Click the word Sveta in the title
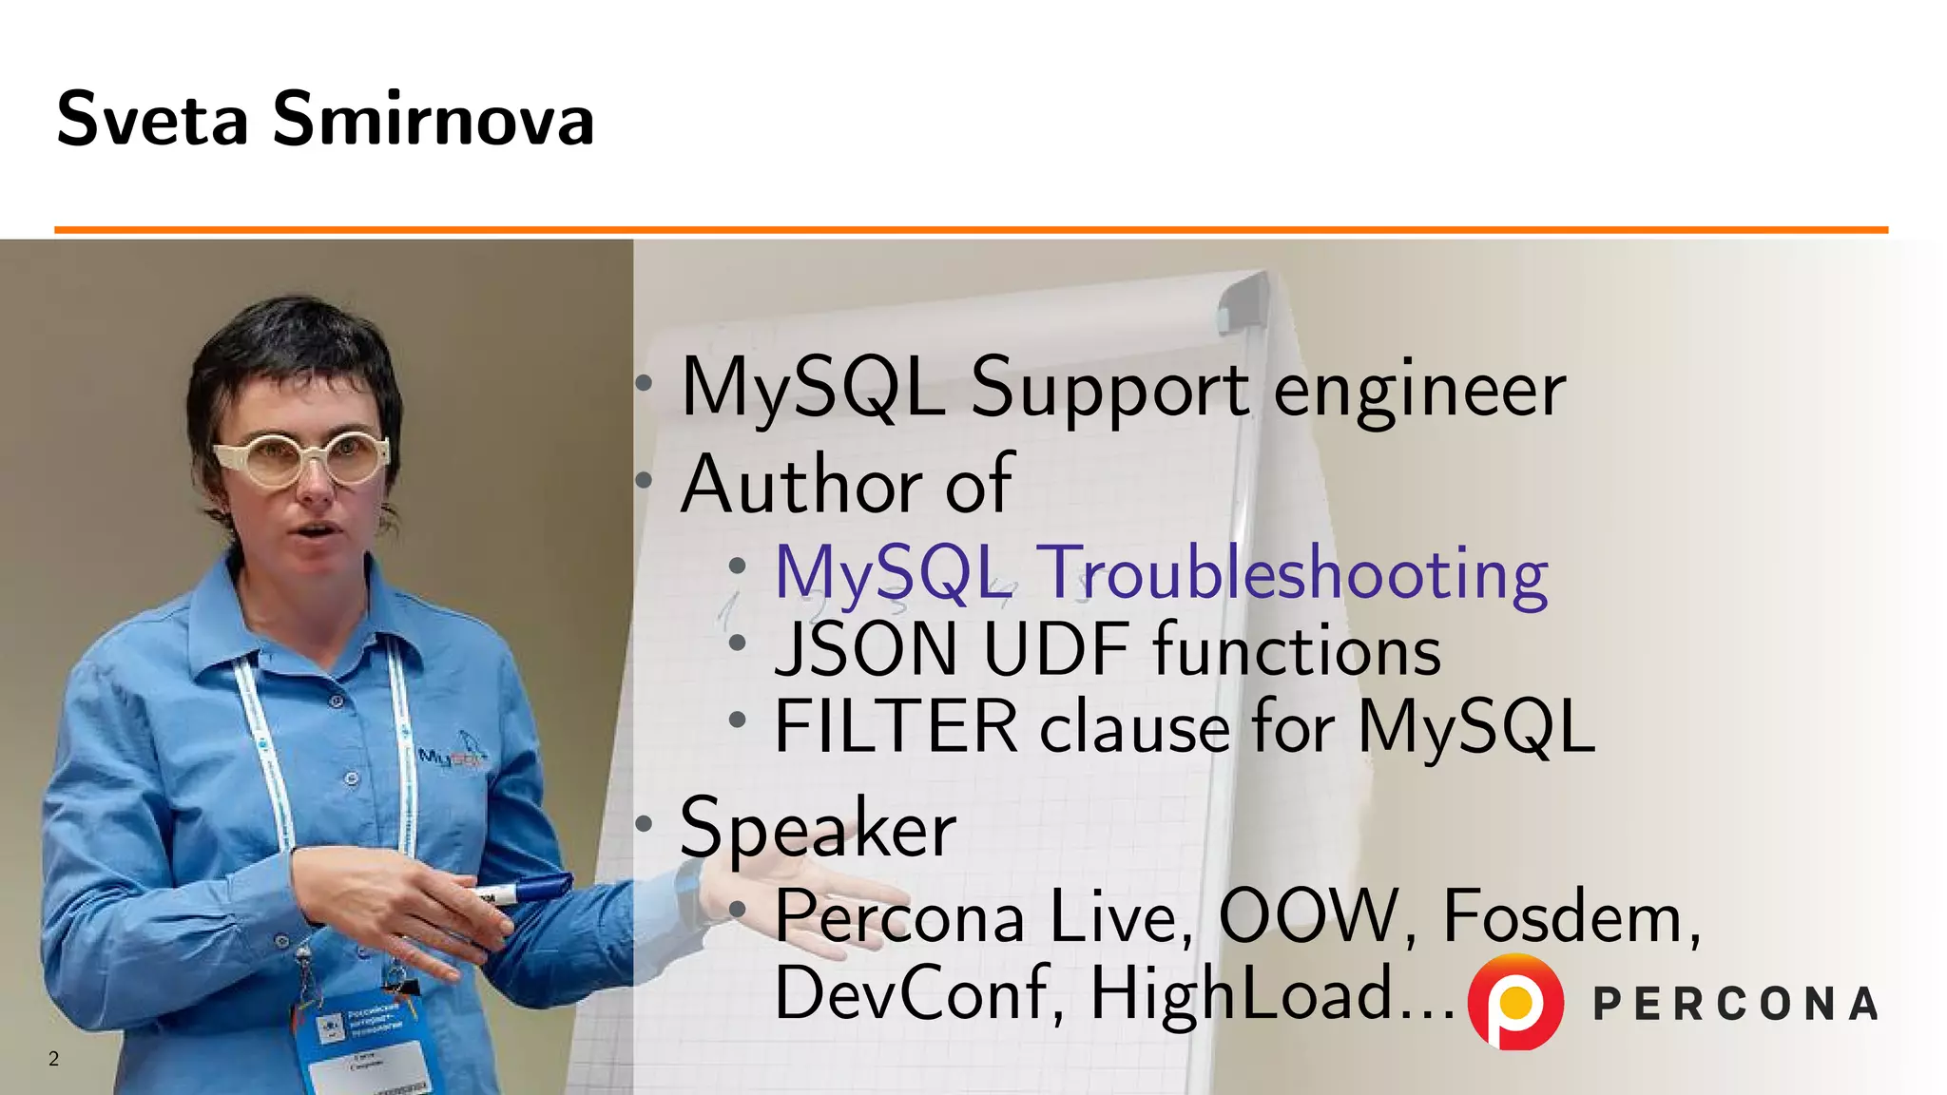(152, 120)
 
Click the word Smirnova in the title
(434, 120)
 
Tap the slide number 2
(53, 1059)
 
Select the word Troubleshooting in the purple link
(1296, 574)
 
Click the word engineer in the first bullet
(1418, 390)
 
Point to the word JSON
(866, 651)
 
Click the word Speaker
(819, 828)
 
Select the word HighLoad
(1240, 993)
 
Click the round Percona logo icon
(1515, 1002)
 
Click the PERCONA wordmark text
(1735, 1004)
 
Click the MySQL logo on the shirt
(453, 756)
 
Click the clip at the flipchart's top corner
(1243, 301)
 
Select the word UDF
(1055, 651)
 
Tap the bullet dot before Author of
(645, 480)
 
